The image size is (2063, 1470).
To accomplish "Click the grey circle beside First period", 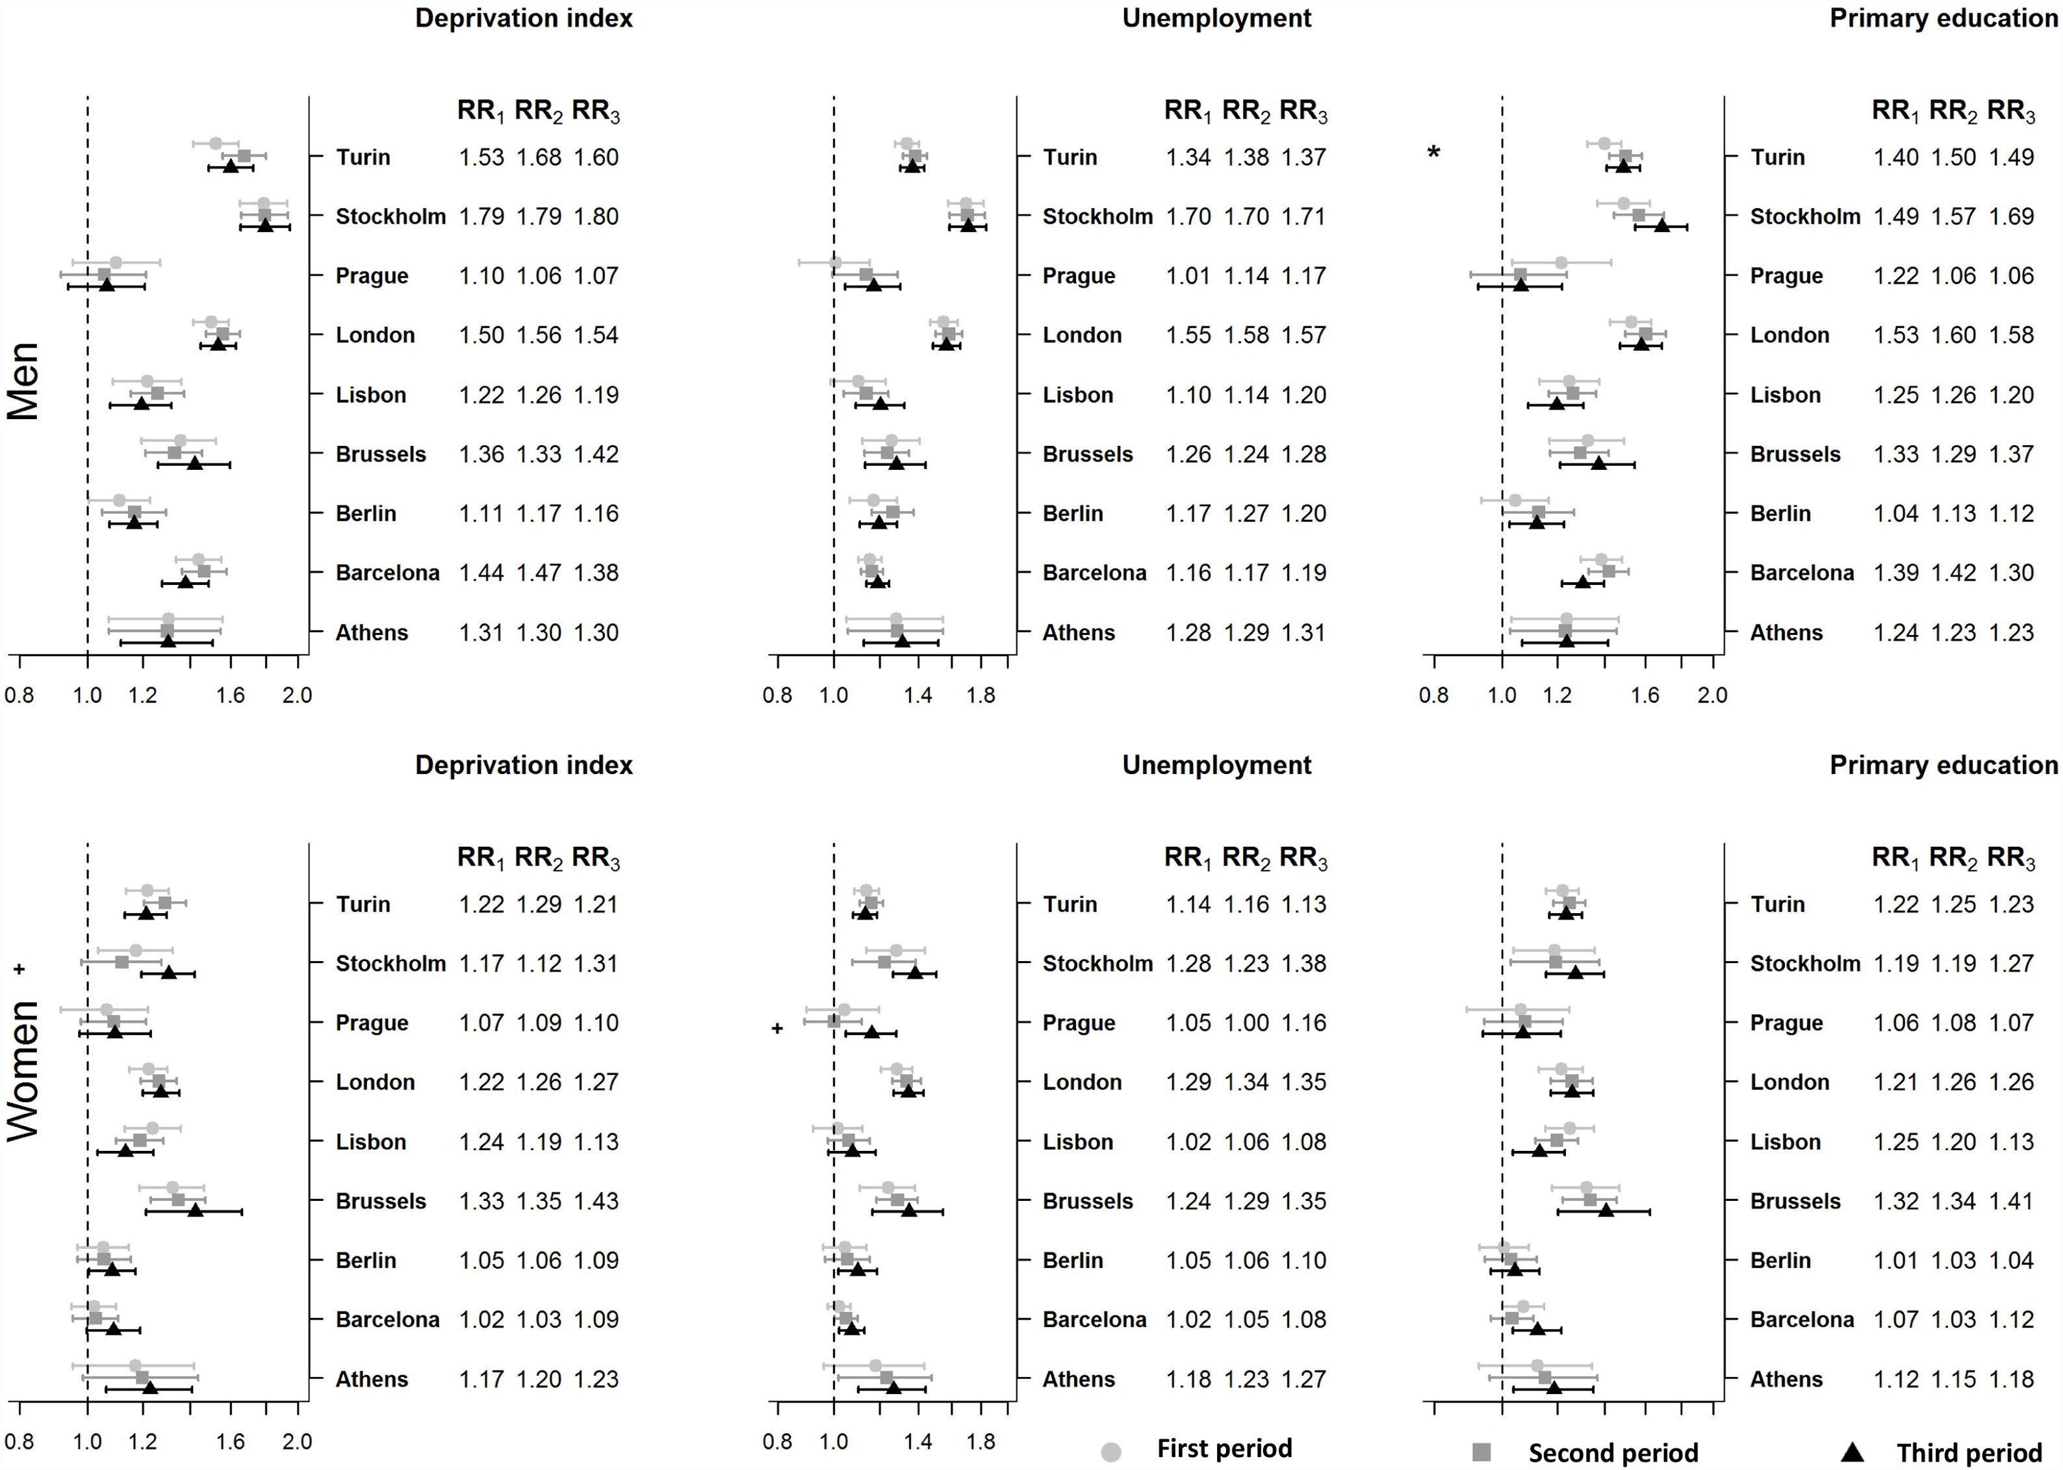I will (1111, 1452).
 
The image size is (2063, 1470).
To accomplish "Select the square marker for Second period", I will (1481, 1452).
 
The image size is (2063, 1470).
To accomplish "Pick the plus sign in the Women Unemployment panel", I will (776, 1028).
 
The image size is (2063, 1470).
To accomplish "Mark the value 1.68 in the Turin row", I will (539, 157).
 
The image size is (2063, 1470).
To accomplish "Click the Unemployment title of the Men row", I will (1216, 18).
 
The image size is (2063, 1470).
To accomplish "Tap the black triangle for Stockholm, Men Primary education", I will (1661, 226).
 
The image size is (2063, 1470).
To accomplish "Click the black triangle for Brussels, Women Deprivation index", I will (194, 1210).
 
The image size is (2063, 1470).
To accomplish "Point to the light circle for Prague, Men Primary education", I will (1561, 263).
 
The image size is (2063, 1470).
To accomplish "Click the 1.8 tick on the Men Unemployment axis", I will (981, 695).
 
